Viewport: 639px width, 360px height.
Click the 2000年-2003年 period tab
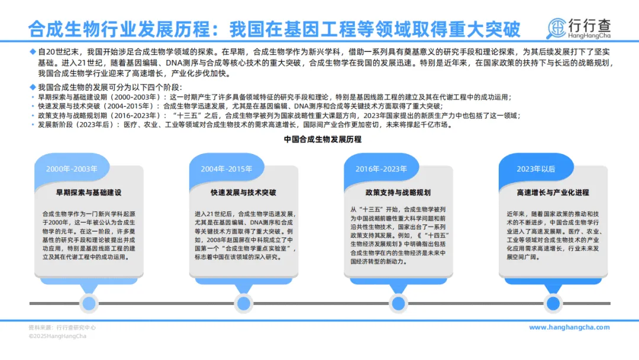(x=72, y=169)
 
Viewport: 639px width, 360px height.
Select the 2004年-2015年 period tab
(x=226, y=169)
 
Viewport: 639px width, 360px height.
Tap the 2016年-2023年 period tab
(x=381, y=169)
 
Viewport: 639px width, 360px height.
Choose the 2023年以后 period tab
(x=536, y=169)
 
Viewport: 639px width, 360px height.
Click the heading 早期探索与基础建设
(x=89, y=192)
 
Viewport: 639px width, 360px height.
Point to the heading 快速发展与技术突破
(x=243, y=192)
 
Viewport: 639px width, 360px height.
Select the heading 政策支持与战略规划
(x=398, y=192)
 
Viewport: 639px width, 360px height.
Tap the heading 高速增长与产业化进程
(x=553, y=192)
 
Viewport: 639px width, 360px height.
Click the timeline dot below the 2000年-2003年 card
(x=89, y=304)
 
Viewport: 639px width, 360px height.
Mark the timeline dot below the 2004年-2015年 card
(x=243, y=304)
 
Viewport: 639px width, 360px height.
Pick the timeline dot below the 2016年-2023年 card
(x=398, y=304)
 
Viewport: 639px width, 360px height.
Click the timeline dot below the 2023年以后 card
(x=553, y=304)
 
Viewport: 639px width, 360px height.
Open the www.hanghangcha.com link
(x=569, y=327)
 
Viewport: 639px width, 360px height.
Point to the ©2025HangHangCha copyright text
(x=57, y=336)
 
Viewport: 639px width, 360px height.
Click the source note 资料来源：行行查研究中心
(x=62, y=327)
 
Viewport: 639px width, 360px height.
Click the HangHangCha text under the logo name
(x=589, y=37)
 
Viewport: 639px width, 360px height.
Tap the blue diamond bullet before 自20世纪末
(x=33, y=52)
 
